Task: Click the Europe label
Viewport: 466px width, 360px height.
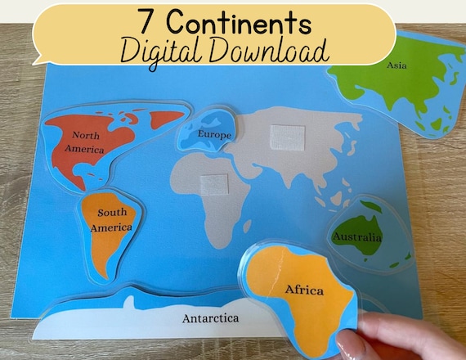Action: pos(215,134)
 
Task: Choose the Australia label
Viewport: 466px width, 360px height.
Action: pos(356,237)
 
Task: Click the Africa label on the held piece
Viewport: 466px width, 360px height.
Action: pos(303,290)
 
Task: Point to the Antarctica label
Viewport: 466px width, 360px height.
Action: pos(211,317)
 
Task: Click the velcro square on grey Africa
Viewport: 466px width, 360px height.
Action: pos(213,185)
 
